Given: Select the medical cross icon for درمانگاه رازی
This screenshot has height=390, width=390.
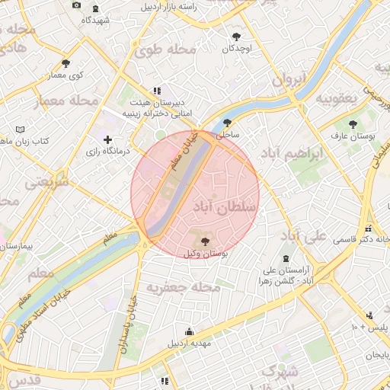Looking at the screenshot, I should click(108, 139).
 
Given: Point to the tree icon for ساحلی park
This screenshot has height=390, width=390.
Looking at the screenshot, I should click(227, 123).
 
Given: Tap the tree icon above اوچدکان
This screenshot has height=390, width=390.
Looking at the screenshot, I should click(237, 36).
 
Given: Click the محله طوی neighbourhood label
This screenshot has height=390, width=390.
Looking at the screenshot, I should click(165, 50).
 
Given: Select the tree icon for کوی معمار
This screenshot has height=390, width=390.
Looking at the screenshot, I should click(66, 63).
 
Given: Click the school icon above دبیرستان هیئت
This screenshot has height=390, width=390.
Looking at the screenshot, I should click(157, 90).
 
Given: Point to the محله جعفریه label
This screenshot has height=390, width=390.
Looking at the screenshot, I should click(183, 288).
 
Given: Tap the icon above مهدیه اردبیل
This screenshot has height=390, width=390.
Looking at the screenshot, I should click(189, 331).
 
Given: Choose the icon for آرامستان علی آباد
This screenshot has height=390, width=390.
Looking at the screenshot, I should click(286, 258).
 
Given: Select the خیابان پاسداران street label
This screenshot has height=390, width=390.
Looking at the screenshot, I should click(130, 335).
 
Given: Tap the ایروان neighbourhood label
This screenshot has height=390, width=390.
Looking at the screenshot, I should click(289, 78).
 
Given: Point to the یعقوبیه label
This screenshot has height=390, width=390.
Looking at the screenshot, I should click(337, 98).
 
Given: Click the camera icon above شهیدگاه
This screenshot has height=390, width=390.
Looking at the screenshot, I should click(76, 6).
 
